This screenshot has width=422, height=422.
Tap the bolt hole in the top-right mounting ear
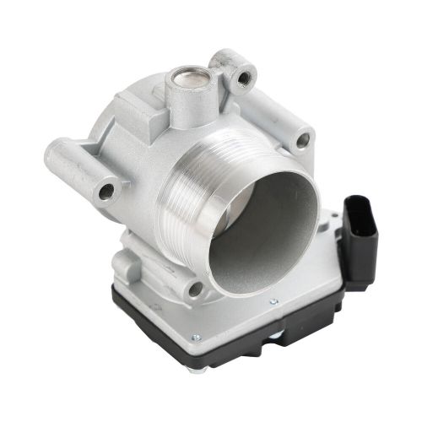(x=244, y=78)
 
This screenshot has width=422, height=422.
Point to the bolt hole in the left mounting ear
(x=106, y=191)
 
